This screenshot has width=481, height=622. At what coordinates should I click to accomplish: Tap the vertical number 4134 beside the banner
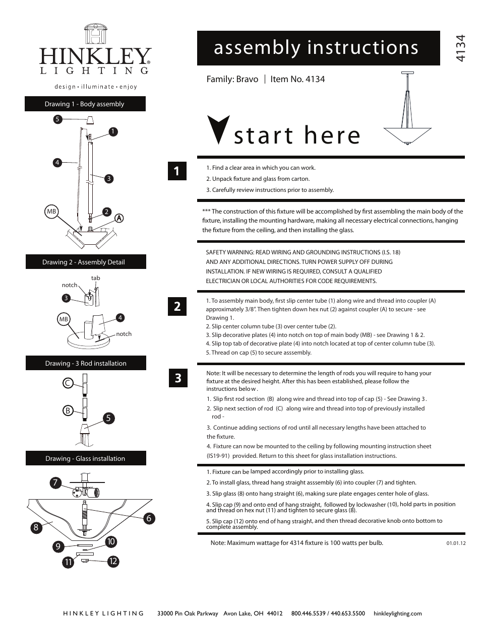point(459,48)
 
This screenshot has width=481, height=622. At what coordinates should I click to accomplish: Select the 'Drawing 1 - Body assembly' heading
point(85,104)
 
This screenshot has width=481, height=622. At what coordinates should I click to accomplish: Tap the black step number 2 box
point(177,306)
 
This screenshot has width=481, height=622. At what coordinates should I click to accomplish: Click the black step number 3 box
point(177,378)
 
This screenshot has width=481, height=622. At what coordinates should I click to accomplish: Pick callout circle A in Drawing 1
point(119,218)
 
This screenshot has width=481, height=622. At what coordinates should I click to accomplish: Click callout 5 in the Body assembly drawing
point(57,119)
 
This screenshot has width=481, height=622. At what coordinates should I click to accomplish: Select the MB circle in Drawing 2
point(64,319)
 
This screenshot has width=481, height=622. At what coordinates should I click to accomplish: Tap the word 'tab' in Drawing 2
point(95,278)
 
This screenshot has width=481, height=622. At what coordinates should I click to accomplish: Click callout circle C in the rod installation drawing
point(67,383)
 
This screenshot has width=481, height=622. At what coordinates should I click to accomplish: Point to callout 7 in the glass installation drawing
point(55,482)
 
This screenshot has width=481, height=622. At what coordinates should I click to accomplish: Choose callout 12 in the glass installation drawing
point(113,561)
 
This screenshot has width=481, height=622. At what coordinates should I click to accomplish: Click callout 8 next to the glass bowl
point(36,527)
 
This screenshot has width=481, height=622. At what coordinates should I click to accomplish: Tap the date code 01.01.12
point(456,543)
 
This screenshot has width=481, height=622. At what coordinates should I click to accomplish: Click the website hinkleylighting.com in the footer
point(397,613)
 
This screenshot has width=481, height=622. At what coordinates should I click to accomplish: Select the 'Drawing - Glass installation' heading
point(85,458)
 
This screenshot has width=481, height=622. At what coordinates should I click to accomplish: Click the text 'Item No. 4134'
point(297,79)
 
